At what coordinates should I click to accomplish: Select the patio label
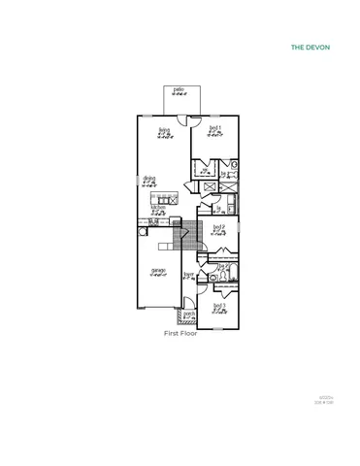(x=179, y=90)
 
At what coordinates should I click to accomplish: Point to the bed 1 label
(x=215, y=128)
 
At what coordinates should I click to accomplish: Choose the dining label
(x=149, y=178)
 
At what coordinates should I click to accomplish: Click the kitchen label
(x=157, y=207)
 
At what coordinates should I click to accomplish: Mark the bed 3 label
(x=219, y=306)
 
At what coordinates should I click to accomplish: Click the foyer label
(x=189, y=275)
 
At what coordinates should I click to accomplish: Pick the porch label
(x=189, y=314)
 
